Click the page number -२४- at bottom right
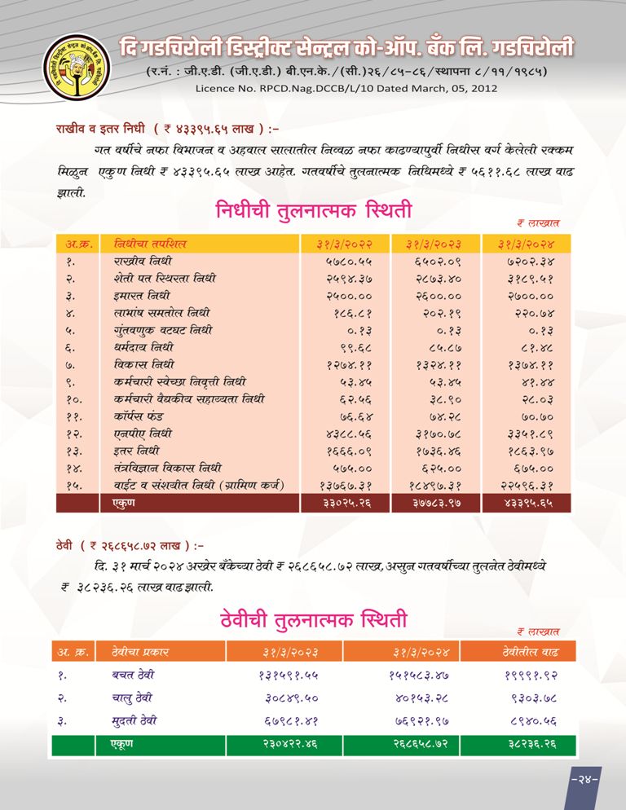584,778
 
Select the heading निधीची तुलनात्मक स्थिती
314,211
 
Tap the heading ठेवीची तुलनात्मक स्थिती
314,619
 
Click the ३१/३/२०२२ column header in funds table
343,244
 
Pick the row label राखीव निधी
143,262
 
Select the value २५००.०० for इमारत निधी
343,297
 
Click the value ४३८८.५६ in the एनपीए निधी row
343,434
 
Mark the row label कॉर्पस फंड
140,416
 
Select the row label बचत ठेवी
134,675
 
